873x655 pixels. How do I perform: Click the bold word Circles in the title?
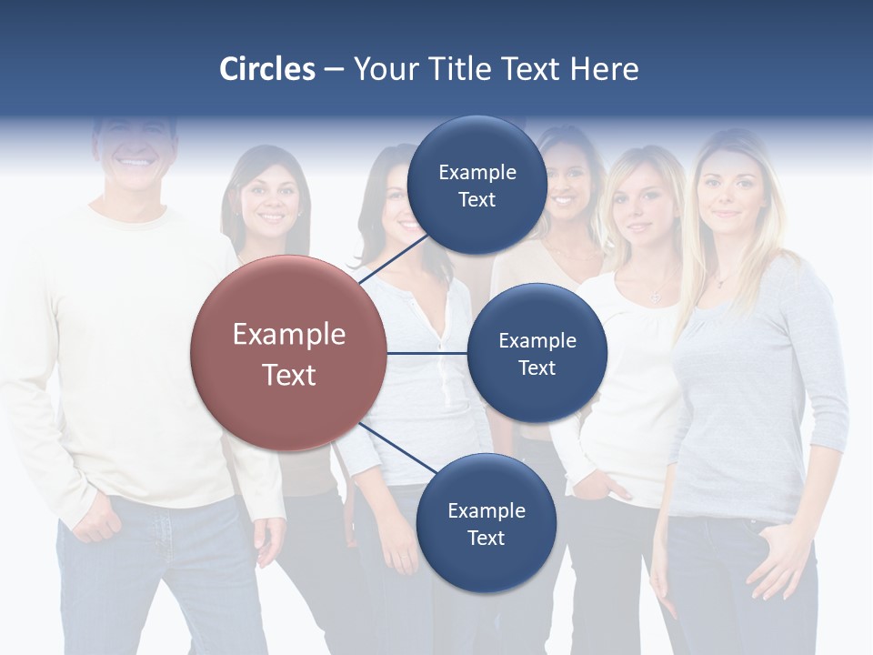pyautogui.click(x=267, y=69)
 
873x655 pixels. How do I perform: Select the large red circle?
pyautogui.click(x=288, y=353)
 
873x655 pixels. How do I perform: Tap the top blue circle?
pyautogui.click(x=477, y=185)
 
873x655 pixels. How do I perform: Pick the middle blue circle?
pyautogui.click(x=537, y=353)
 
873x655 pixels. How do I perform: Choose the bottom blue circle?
pyautogui.click(x=485, y=523)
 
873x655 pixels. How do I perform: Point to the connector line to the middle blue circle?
pyautogui.click(x=426, y=353)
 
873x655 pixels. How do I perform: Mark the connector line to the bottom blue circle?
pyautogui.click(x=397, y=448)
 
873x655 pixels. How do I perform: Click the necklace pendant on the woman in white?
pyautogui.click(x=654, y=296)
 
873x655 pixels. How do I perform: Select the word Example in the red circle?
pyautogui.click(x=288, y=335)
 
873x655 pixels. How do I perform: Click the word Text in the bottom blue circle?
pyautogui.click(x=486, y=538)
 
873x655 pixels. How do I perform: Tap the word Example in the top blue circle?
pyautogui.click(x=477, y=172)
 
